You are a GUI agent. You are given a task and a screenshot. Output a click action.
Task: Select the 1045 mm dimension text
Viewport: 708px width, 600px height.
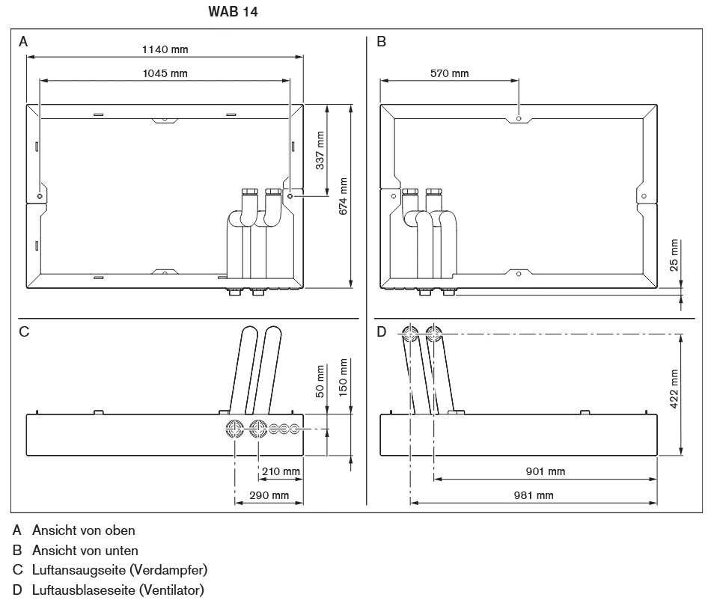coord(165,73)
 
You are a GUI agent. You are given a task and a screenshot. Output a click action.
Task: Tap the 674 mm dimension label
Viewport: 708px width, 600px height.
coord(343,196)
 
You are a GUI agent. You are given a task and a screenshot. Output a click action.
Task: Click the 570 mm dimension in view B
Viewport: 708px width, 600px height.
coord(449,73)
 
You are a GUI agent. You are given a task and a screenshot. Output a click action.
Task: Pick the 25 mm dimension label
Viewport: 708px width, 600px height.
coord(674,257)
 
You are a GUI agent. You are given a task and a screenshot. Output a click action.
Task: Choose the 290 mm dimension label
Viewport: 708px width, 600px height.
coord(269,495)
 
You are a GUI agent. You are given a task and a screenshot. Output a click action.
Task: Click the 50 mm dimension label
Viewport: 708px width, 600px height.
coord(320,382)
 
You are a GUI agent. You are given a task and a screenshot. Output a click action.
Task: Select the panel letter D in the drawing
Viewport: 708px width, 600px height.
coord(382,331)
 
